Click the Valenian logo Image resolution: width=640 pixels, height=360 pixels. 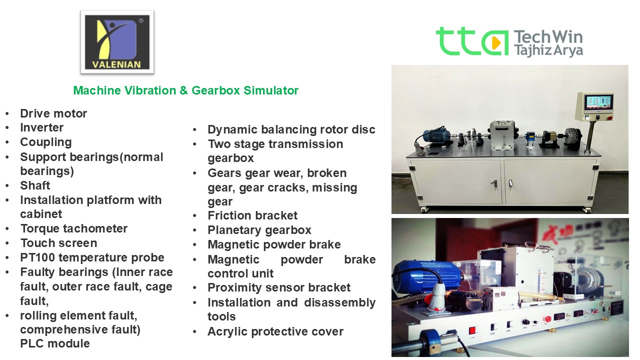pyautogui.click(x=117, y=42)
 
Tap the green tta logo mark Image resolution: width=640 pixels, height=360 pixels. pyautogui.click(x=472, y=41)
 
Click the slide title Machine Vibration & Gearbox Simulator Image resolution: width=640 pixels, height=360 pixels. pyautogui.click(x=185, y=90)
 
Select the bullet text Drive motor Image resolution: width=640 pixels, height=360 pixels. pyautogui.click(x=53, y=113)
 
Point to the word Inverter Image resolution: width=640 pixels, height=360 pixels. pyautogui.click(x=41, y=127)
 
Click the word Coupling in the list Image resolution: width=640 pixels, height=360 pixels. pyautogui.click(x=45, y=142)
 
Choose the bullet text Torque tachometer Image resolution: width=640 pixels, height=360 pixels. pyautogui.click(x=73, y=228)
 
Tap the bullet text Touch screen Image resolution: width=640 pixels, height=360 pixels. pyautogui.click(x=58, y=243)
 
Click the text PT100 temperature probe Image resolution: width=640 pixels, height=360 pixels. pyautogui.click(x=92, y=257)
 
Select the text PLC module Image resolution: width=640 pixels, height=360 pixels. pyautogui.click(x=55, y=343)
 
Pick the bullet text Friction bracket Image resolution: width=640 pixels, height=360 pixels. pyautogui.click(x=252, y=215)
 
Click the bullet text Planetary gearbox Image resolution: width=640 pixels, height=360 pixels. pyautogui.click(x=259, y=230)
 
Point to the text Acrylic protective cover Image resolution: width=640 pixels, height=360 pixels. pyautogui.click(x=275, y=331)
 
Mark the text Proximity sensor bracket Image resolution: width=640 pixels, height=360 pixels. pyautogui.click(x=279, y=287)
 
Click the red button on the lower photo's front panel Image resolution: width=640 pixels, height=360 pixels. pyautogui.click(x=472, y=330)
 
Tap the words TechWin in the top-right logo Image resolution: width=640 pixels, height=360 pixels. pyautogui.click(x=548, y=36)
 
